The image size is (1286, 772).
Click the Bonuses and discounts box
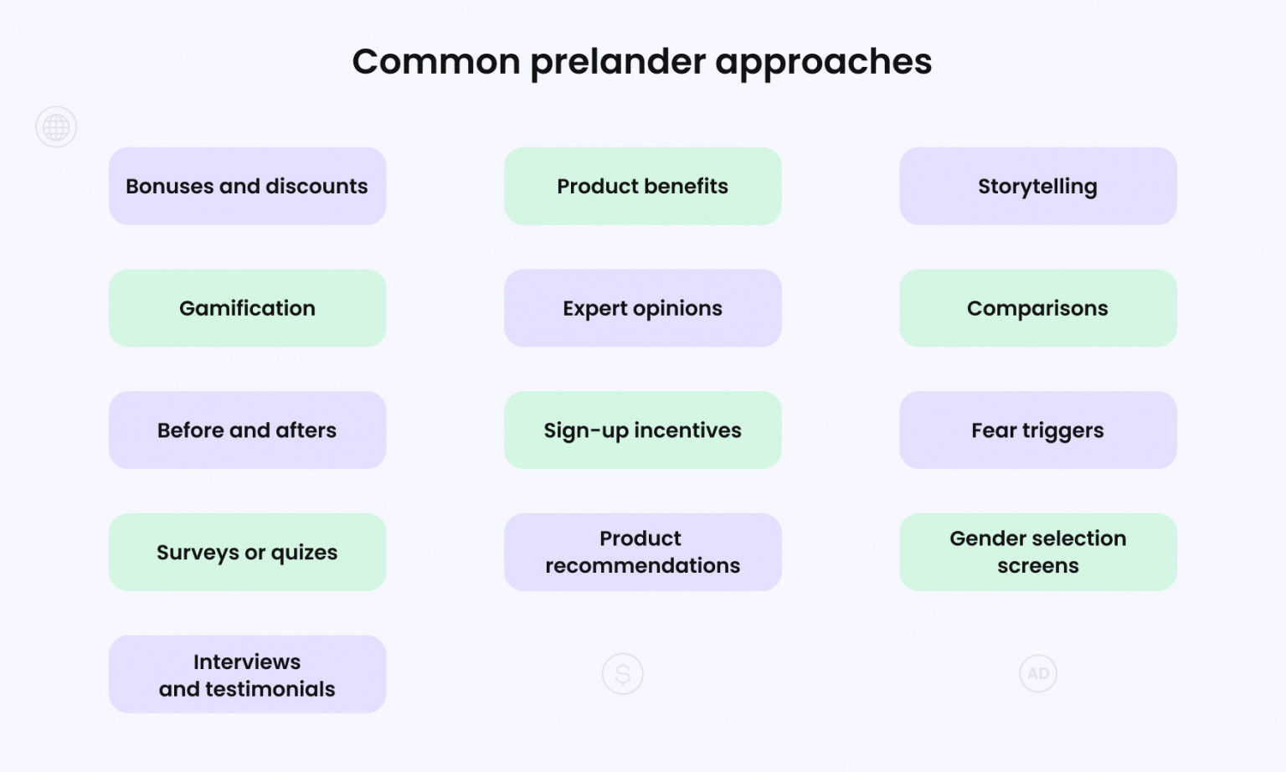pyautogui.click(x=247, y=186)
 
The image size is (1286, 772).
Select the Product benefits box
pyautogui.click(x=642, y=186)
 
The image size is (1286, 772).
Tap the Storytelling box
pyautogui.click(x=1037, y=186)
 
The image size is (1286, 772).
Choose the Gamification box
pyautogui.click(x=247, y=308)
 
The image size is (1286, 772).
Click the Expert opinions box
pyautogui.click(x=642, y=308)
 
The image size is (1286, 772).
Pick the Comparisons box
pyautogui.click(x=1037, y=308)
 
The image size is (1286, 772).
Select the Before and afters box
pyautogui.click(x=247, y=430)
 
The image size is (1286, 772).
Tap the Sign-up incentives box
pyautogui.click(x=642, y=430)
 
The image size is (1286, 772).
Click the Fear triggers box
pyautogui.click(x=1037, y=430)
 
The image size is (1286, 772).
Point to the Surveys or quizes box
pyautogui.click(x=247, y=552)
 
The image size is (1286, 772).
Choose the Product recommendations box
pyautogui.click(x=642, y=552)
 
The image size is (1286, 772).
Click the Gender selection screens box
pyautogui.click(x=1037, y=552)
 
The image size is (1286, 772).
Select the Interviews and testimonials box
pyautogui.click(x=247, y=674)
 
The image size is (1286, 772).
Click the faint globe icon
pyautogui.click(x=56, y=127)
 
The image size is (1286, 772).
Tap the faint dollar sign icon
pyautogui.click(x=622, y=673)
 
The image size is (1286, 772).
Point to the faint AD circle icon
pyautogui.click(x=1038, y=673)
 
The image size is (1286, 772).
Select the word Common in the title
pyautogui.click(x=436, y=62)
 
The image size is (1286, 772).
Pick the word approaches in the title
pyautogui.click(x=823, y=62)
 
